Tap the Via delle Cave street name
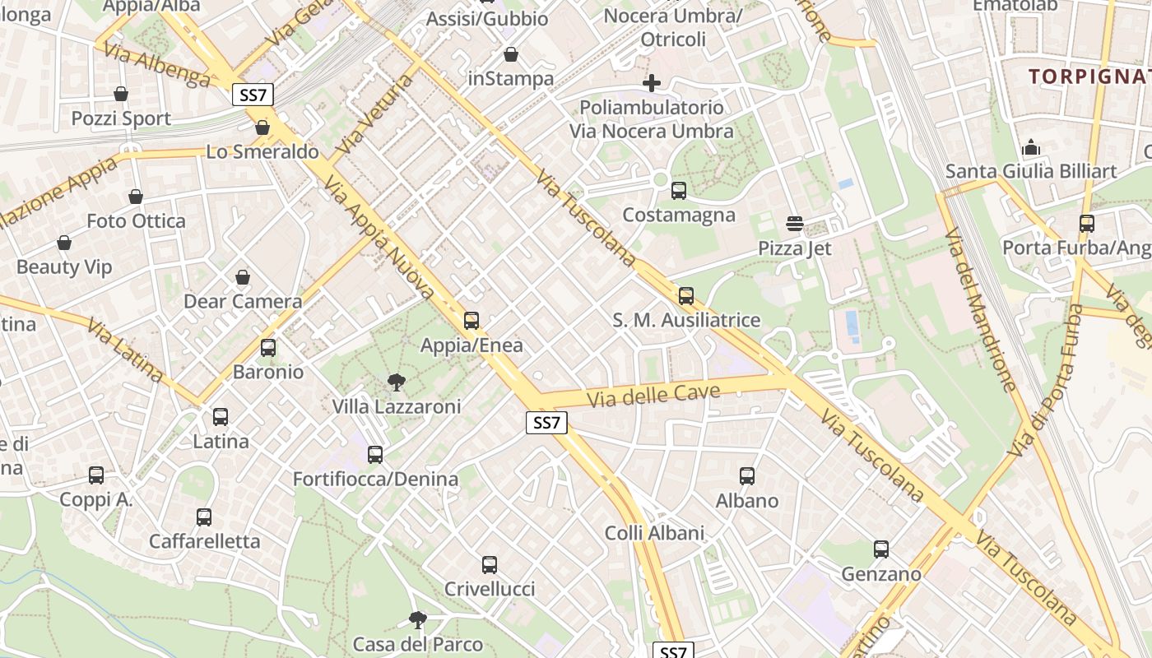point(653,395)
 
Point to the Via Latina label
point(124,351)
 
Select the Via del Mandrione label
point(980,310)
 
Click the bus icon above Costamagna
point(679,191)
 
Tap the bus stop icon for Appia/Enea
point(471,321)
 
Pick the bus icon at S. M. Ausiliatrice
point(686,296)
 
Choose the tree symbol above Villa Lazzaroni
point(396,382)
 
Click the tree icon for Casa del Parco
point(418,619)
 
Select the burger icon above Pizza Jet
point(795,224)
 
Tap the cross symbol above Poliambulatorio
point(652,83)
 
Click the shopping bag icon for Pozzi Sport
point(121,95)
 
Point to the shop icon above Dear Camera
point(242,277)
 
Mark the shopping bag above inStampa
point(511,55)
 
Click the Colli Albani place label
point(655,533)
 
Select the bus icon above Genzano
point(881,549)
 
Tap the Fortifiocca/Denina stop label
point(376,479)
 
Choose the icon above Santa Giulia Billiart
point(1031,148)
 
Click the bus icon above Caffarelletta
point(204,517)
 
